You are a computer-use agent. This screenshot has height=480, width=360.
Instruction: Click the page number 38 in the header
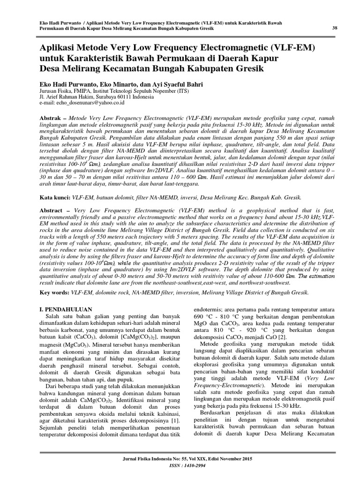point(335,28)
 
